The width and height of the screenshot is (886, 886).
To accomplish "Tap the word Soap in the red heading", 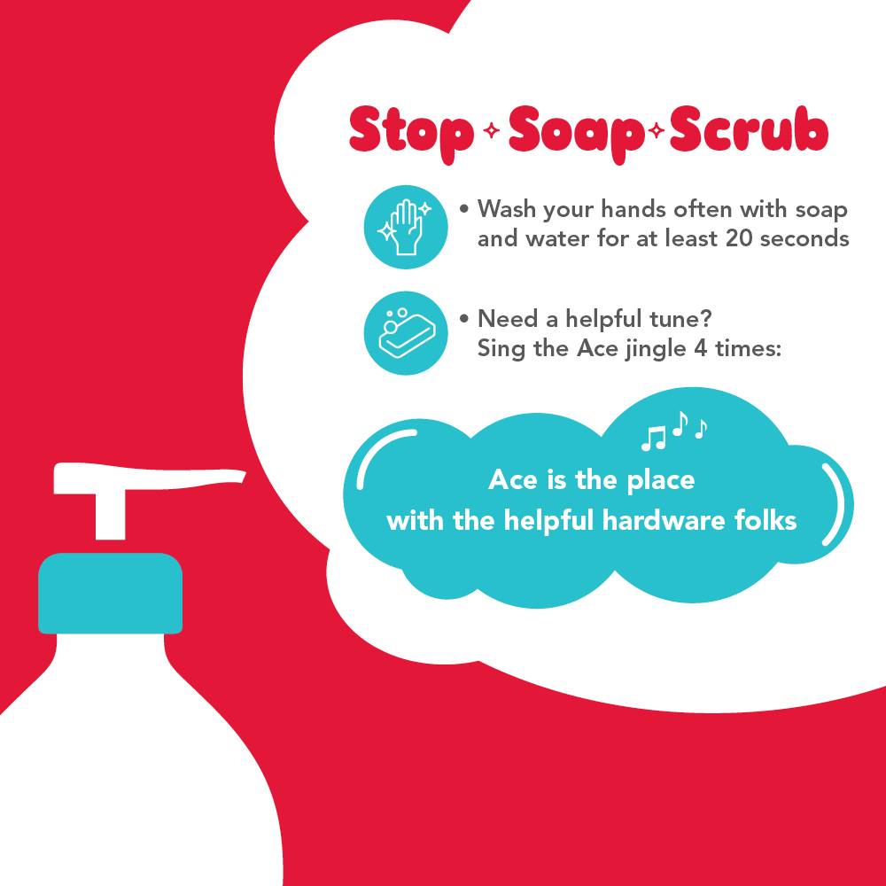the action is pos(577,135).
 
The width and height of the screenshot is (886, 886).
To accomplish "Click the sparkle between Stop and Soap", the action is pos(492,130).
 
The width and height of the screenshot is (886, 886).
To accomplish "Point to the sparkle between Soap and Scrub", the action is pos(657,130).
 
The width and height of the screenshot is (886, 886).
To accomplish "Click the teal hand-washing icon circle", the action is pos(406,227).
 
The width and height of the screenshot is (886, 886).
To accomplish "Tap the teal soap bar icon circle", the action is pos(406,333).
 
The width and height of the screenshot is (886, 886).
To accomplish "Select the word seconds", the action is pos(804,237).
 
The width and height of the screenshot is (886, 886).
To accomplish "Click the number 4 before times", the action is pos(700,348).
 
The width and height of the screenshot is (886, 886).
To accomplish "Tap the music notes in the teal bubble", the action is pos(673,431).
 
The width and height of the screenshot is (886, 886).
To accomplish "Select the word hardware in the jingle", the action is pos(664,520).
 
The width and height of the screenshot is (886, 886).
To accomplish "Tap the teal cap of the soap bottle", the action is pos(110,594).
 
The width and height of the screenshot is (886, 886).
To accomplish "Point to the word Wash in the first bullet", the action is pos(507,208).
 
